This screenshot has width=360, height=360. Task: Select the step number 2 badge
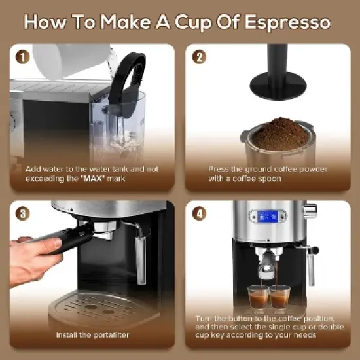point(199,57)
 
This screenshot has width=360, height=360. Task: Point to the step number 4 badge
point(199,214)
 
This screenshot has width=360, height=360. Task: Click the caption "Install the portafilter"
point(92,335)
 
